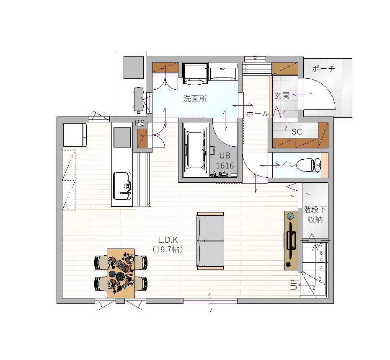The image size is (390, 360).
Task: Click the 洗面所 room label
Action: (x=195, y=98)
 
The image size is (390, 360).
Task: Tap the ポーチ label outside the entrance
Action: (x=323, y=68)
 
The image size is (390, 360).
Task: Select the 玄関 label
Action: (x=282, y=96)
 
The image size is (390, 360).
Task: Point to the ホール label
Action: (x=258, y=114)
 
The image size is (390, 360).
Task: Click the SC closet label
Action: (x=297, y=132)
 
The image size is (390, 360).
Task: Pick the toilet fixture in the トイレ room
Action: (x=309, y=165)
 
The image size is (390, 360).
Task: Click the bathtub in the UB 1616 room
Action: (x=196, y=150)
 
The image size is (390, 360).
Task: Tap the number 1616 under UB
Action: (x=225, y=166)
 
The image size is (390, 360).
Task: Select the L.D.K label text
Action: (x=168, y=240)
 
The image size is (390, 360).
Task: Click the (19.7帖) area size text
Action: (x=168, y=249)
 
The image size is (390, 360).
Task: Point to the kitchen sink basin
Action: (x=122, y=186)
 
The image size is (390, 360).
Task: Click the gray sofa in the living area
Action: (x=210, y=241)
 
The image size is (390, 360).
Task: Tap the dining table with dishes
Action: (x=121, y=273)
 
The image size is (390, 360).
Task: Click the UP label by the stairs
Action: (x=294, y=285)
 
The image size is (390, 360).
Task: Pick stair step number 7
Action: (x=321, y=245)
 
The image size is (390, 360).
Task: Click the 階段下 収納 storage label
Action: (x=315, y=215)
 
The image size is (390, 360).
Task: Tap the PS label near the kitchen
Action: (x=140, y=123)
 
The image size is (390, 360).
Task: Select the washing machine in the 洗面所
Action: (x=195, y=74)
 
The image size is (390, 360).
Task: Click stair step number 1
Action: (x=304, y=293)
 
